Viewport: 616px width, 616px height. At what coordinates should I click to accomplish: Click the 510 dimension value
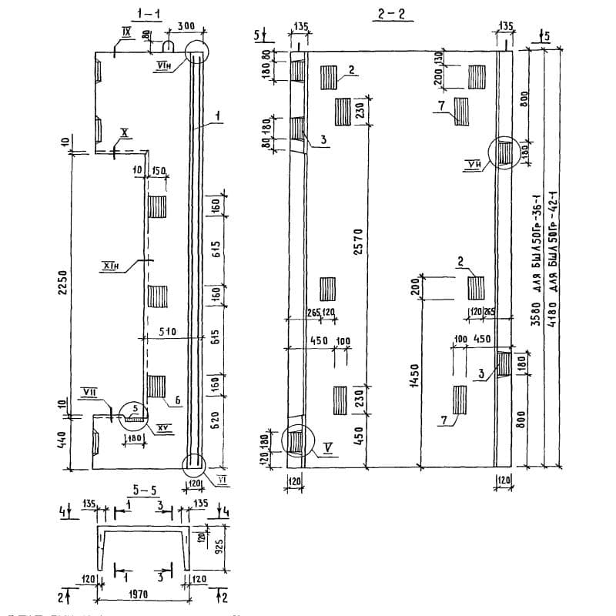pyautogui.click(x=168, y=332)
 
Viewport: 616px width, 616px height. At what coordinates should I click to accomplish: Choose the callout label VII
pyautogui.click(x=89, y=393)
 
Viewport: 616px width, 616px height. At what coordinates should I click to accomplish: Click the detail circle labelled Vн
pyautogui.click(x=503, y=152)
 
